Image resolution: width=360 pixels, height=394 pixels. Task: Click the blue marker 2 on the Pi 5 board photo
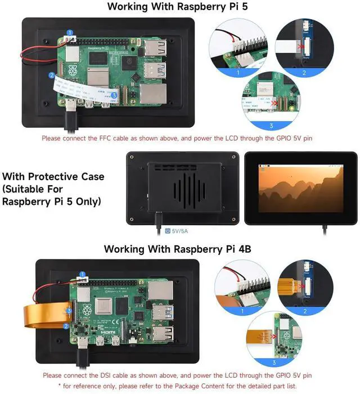point(52,74)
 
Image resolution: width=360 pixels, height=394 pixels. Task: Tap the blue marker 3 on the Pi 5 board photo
point(114,96)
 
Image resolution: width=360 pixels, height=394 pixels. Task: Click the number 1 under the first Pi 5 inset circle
point(238,73)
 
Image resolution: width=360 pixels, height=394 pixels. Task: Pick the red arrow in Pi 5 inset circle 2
point(302,48)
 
